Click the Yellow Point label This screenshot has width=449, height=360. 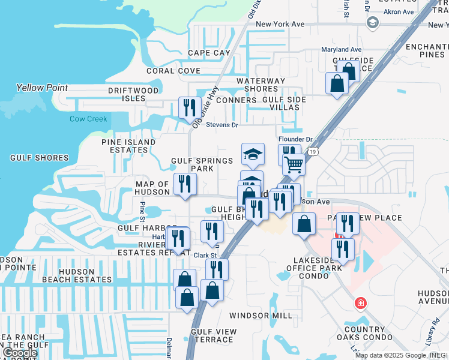tap(42, 88)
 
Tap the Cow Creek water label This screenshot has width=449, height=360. tap(88, 119)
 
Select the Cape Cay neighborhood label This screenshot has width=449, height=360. tap(209, 53)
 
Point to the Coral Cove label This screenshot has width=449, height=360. tap(173, 71)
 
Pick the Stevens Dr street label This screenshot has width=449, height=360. tap(222, 125)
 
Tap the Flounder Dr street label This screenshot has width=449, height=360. tap(295, 139)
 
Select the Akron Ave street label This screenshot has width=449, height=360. tap(400, 11)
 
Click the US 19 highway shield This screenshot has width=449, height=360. tap(314, 152)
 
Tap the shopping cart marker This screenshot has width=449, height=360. tap(294, 163)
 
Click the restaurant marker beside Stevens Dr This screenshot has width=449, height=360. tap(190, 108)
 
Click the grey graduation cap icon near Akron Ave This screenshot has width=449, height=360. tap(372, 23)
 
